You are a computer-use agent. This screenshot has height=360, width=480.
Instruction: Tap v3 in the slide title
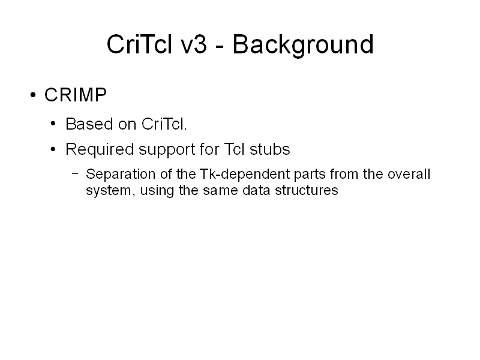point(194,44)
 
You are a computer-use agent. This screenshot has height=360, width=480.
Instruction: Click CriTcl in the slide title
point(139,44)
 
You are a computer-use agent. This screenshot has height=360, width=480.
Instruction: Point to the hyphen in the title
point(220,47)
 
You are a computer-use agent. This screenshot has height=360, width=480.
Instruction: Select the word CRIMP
point(76,95)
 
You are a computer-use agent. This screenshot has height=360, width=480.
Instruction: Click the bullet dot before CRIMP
point(33,95)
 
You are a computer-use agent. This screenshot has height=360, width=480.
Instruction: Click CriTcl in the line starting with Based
point(164,124)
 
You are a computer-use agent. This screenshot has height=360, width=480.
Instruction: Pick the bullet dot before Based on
point(53,124)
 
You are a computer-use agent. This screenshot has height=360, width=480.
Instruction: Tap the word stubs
point(269,149)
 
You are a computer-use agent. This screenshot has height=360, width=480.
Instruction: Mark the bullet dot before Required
point(53,149)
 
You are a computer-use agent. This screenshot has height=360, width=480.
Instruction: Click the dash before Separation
point(75,174)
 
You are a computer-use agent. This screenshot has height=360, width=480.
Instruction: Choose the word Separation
point(121,174)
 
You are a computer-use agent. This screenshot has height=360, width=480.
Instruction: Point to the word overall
point(409,174)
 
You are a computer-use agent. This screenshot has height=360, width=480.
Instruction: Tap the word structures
point(307,190)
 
